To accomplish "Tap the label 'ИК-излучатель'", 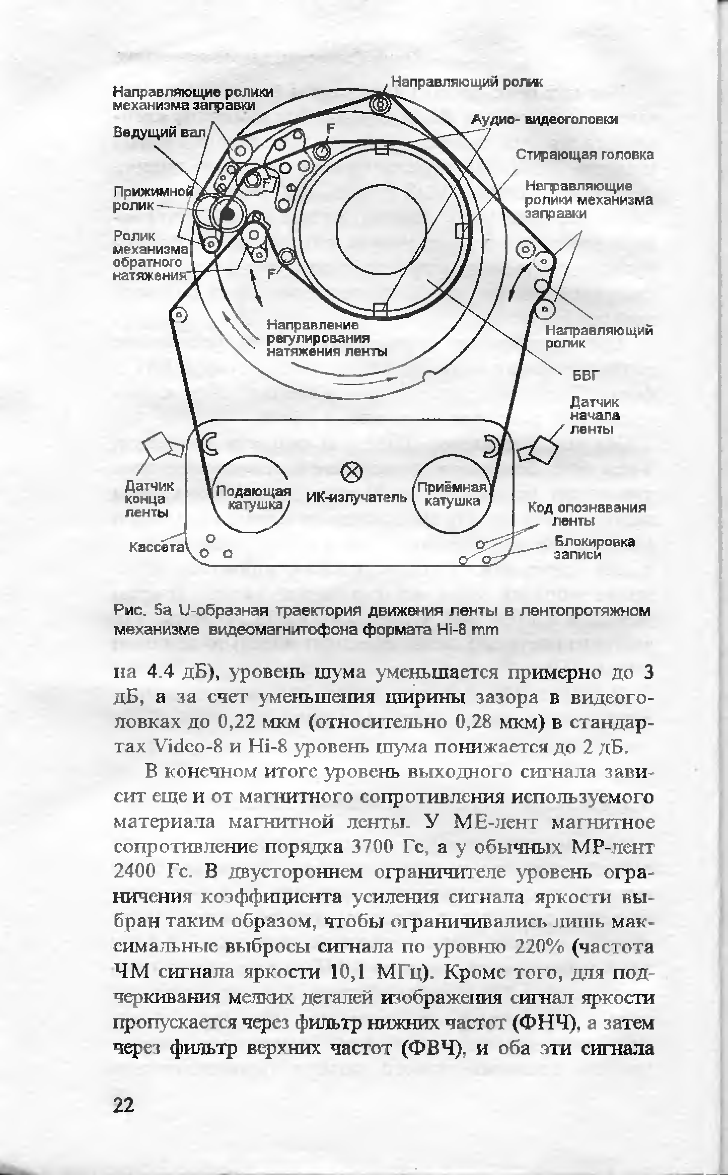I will [x=356, y=497].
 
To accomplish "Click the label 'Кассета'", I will [x=157, y=547].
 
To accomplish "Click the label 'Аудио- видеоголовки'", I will [x=544, y=120].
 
